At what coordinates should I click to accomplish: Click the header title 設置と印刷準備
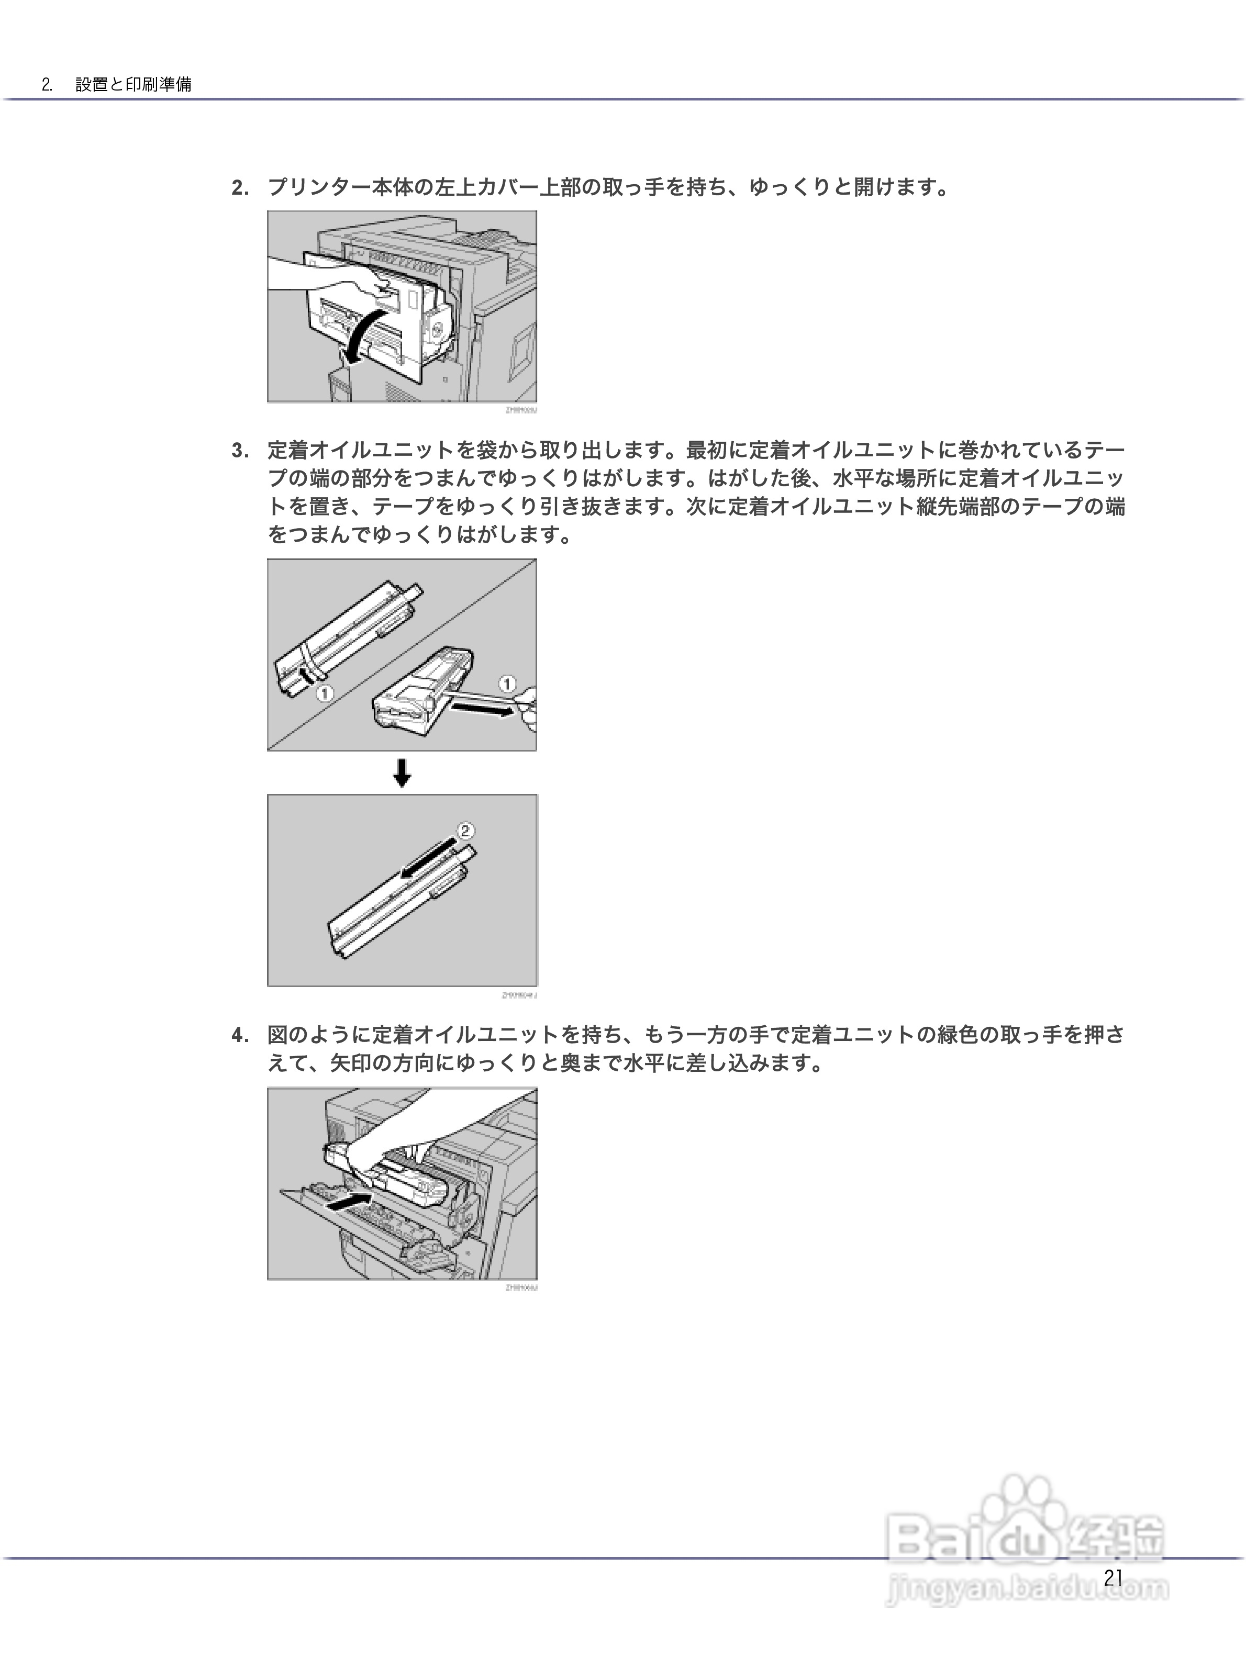click(133, 84)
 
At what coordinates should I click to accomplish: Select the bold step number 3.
click(240, 451)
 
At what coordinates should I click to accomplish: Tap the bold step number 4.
click(240, 1036)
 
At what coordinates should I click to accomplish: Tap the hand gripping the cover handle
click(368, 288)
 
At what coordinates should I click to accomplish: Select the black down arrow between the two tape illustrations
click(403, 773)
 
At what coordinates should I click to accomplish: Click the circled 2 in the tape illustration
click(465, 831)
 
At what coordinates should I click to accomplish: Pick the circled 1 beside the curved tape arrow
click(324, 693)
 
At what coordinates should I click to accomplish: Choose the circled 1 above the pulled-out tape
click(507, 684)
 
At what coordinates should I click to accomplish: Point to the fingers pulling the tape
click(527, 708)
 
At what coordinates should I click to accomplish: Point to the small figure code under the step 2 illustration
click(521, 410)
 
